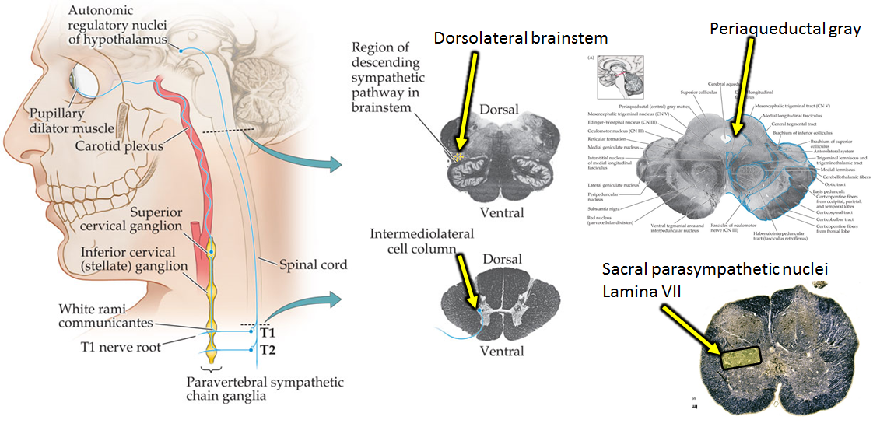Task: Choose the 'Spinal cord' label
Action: (x=313, y=264)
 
